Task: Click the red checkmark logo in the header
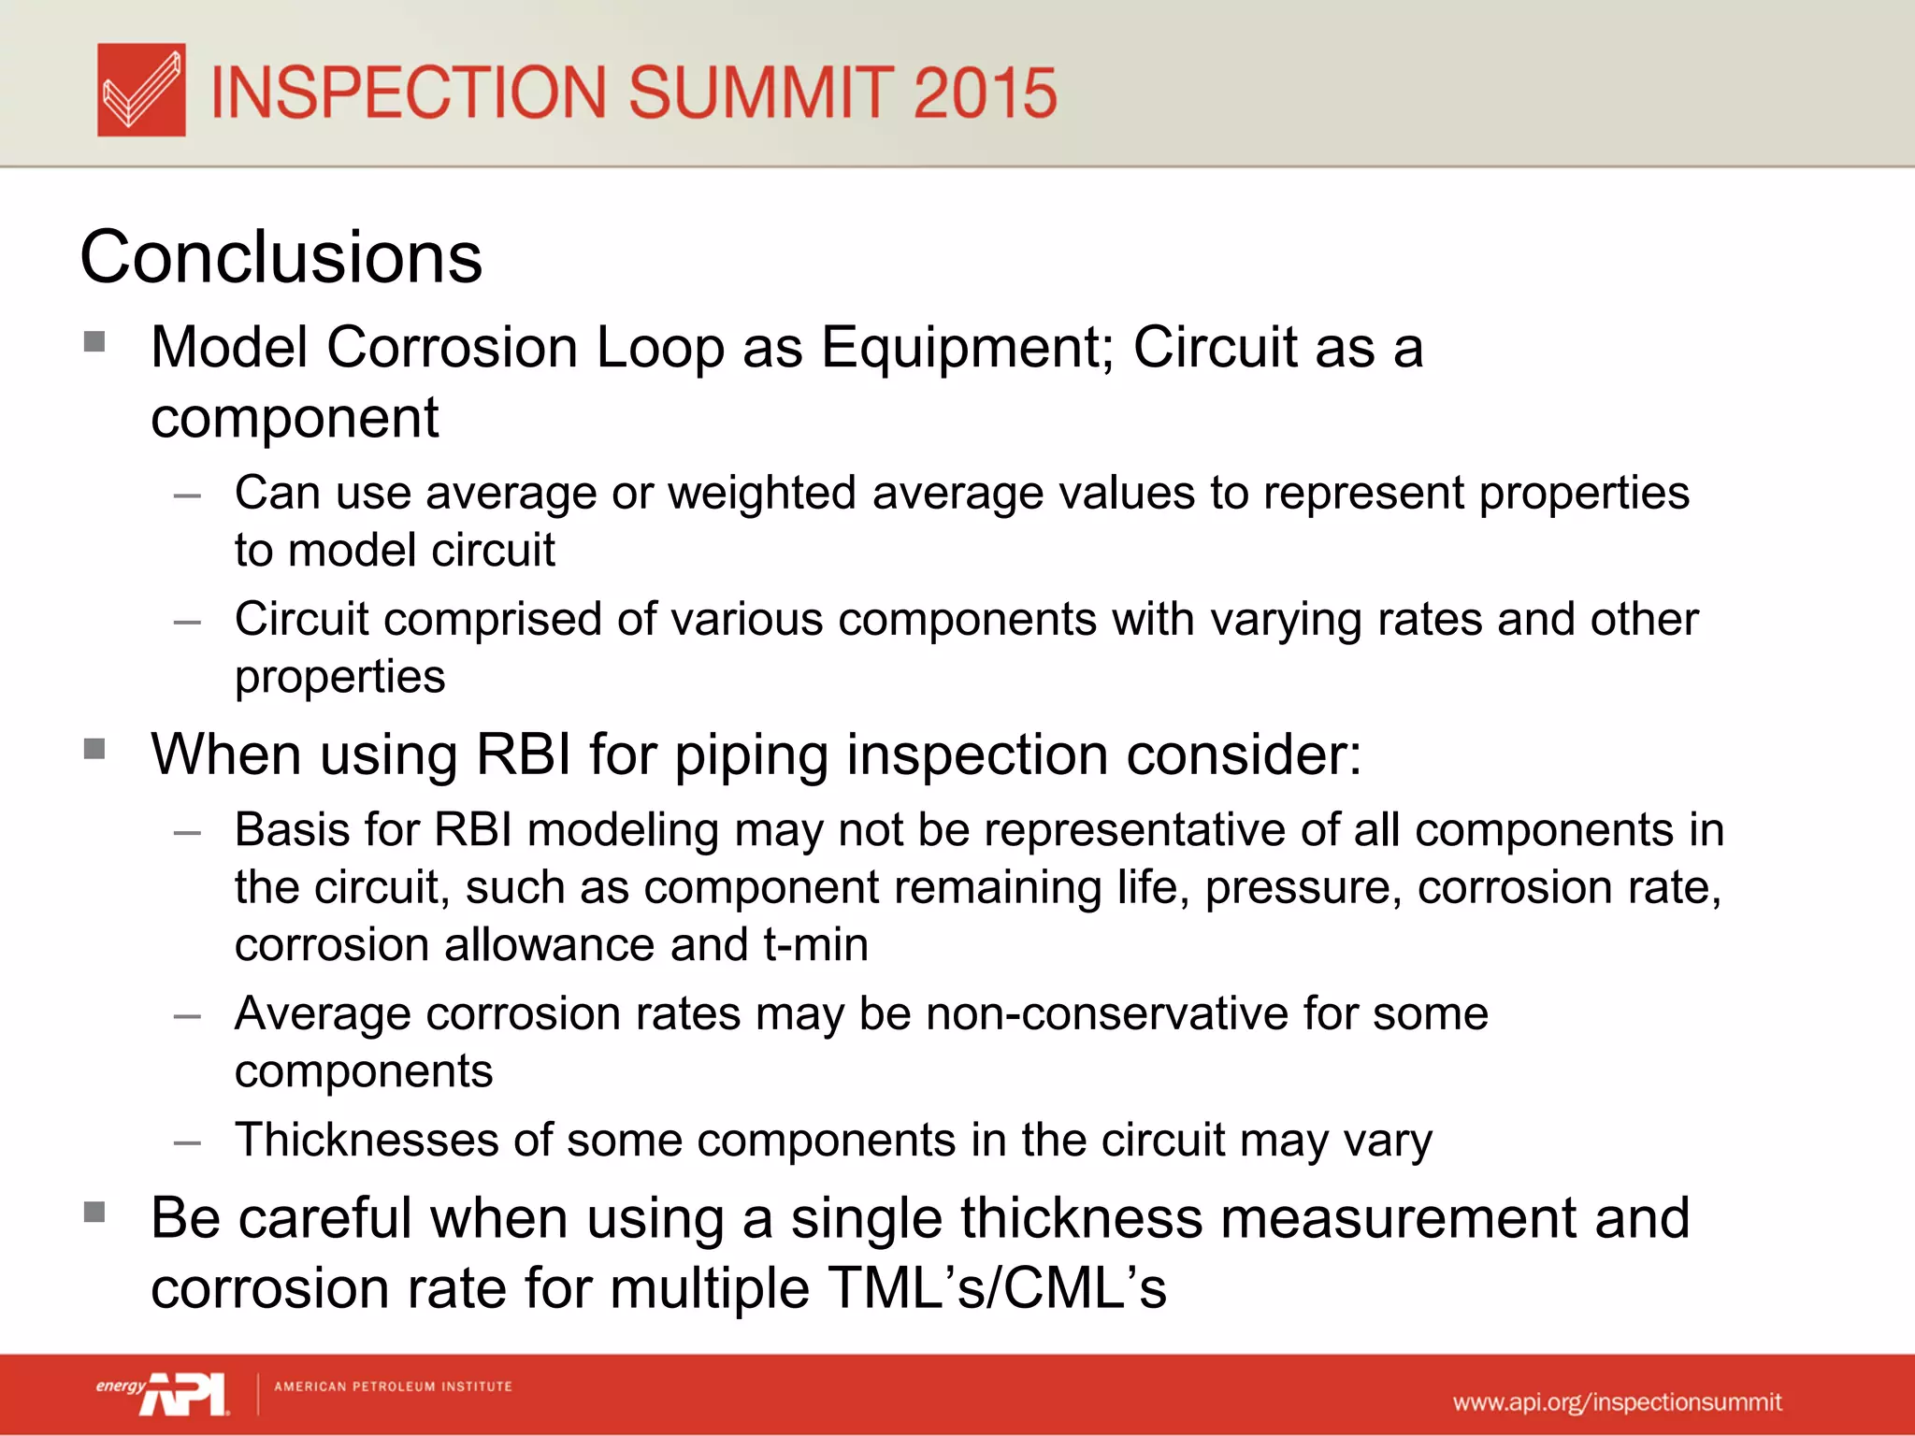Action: click(141, 91)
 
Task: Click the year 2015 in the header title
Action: click(984, 93)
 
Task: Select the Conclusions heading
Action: click(281, 257)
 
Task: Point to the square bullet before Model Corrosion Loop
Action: click(94, 341)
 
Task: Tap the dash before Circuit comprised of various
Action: click(187, 622)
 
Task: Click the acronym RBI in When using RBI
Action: click(524, 754)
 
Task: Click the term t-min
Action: click(815, 945)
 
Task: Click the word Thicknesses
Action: click(366, 1141)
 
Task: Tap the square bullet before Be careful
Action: click(94, 1213)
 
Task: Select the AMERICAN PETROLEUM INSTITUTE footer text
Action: click(393, 1386)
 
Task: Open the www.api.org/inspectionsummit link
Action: click(1617, 1402)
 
